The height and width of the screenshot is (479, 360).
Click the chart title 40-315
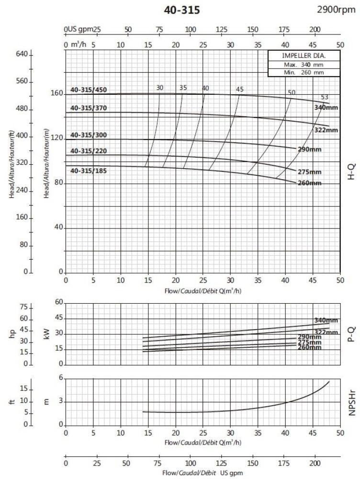180,10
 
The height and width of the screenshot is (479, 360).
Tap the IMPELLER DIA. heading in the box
304,56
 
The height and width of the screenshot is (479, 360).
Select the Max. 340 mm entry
304,64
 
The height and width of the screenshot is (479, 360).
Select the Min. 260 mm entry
304,73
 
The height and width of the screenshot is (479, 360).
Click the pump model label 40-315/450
89,90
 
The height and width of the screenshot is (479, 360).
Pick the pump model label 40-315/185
89,171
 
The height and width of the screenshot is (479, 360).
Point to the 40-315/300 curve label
89,135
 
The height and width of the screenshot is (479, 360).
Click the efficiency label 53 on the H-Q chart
325,97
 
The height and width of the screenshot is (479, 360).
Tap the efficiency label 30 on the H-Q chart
159,88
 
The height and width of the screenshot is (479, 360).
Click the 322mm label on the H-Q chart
326,130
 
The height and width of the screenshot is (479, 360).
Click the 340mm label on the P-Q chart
326,320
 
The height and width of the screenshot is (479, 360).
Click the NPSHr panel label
350,401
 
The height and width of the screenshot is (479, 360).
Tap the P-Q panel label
350,334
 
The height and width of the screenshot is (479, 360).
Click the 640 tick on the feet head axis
22,54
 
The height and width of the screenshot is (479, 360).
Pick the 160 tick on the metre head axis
57,93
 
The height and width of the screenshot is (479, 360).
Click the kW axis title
46,334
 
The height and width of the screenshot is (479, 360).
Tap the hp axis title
13,334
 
